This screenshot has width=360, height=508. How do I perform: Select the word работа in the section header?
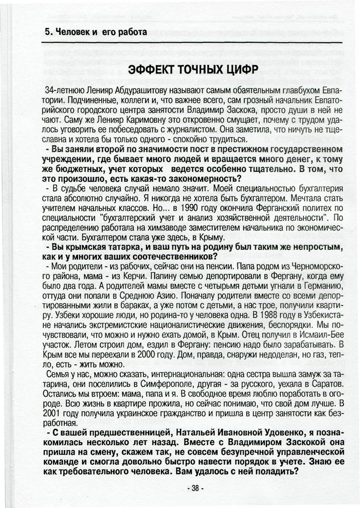click(131, 32)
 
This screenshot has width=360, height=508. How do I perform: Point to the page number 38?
click(196, 487)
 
